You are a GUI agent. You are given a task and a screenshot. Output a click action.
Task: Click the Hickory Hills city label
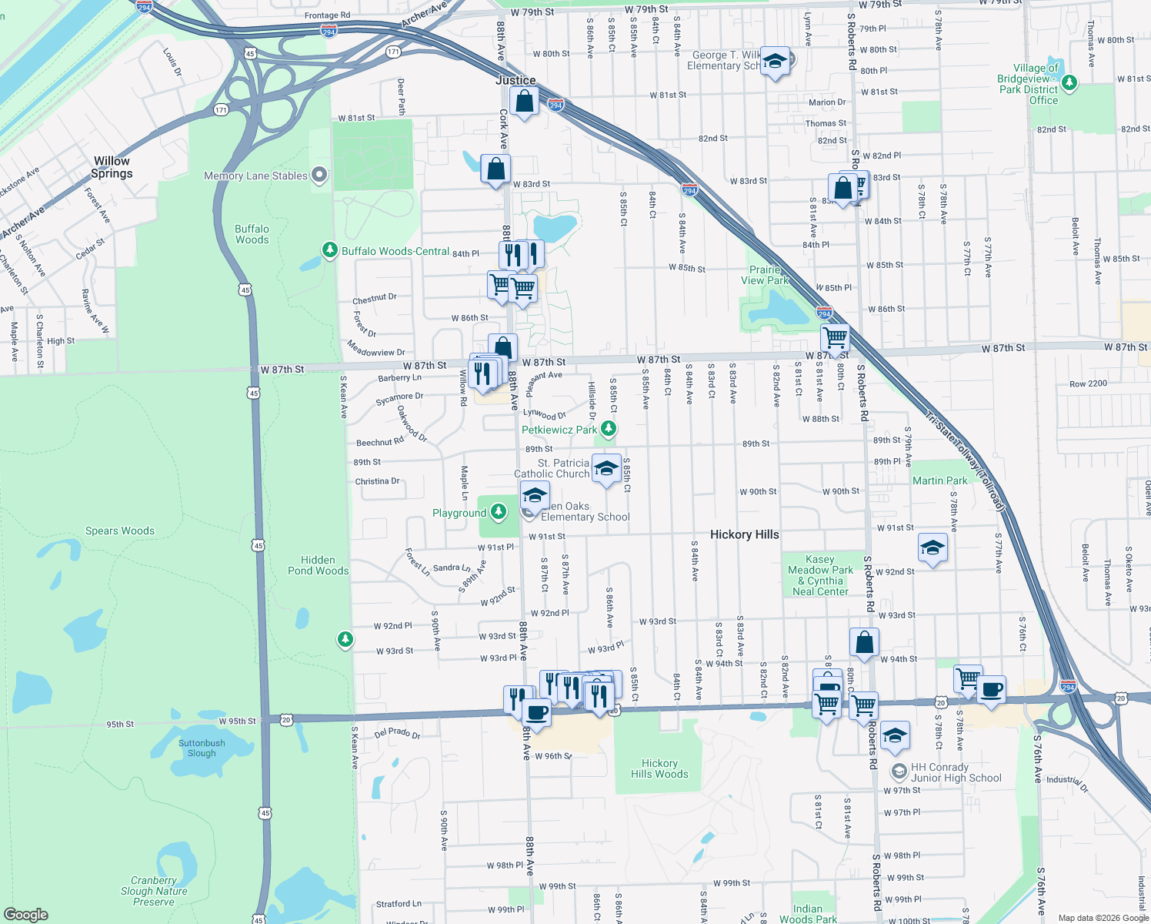point(744,534)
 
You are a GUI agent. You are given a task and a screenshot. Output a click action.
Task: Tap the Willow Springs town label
point(112,167)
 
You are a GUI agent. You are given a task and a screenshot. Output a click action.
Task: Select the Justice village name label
point(515,80)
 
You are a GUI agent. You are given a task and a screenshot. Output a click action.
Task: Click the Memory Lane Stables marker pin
point(319,176)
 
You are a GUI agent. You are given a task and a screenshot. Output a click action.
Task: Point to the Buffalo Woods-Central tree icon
point(329,250)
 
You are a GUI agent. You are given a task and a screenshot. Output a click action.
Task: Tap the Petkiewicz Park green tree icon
point(609,429)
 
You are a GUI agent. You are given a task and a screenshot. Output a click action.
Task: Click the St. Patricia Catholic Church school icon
point(606,468)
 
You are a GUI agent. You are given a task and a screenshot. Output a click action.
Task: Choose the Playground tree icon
point(499,512)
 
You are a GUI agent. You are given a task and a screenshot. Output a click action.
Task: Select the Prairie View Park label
point(765,275)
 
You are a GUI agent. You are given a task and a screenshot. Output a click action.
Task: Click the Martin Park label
point(939,480)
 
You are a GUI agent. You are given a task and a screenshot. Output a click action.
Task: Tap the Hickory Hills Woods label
point(659,768)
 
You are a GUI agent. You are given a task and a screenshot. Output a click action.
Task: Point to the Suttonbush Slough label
point(202,748)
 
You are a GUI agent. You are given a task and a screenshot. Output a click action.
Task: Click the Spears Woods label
point(120,531)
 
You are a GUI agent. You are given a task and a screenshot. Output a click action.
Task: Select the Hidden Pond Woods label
point(318,565)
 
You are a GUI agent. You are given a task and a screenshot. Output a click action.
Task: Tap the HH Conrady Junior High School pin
point(898,771)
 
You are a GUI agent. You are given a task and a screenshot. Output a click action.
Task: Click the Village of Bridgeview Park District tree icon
point(1069,82)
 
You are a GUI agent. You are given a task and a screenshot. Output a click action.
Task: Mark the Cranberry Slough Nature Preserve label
point(154,891)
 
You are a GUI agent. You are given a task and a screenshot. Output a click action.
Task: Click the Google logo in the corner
point(26,914)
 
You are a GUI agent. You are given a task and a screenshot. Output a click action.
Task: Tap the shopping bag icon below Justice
point(524,102)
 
